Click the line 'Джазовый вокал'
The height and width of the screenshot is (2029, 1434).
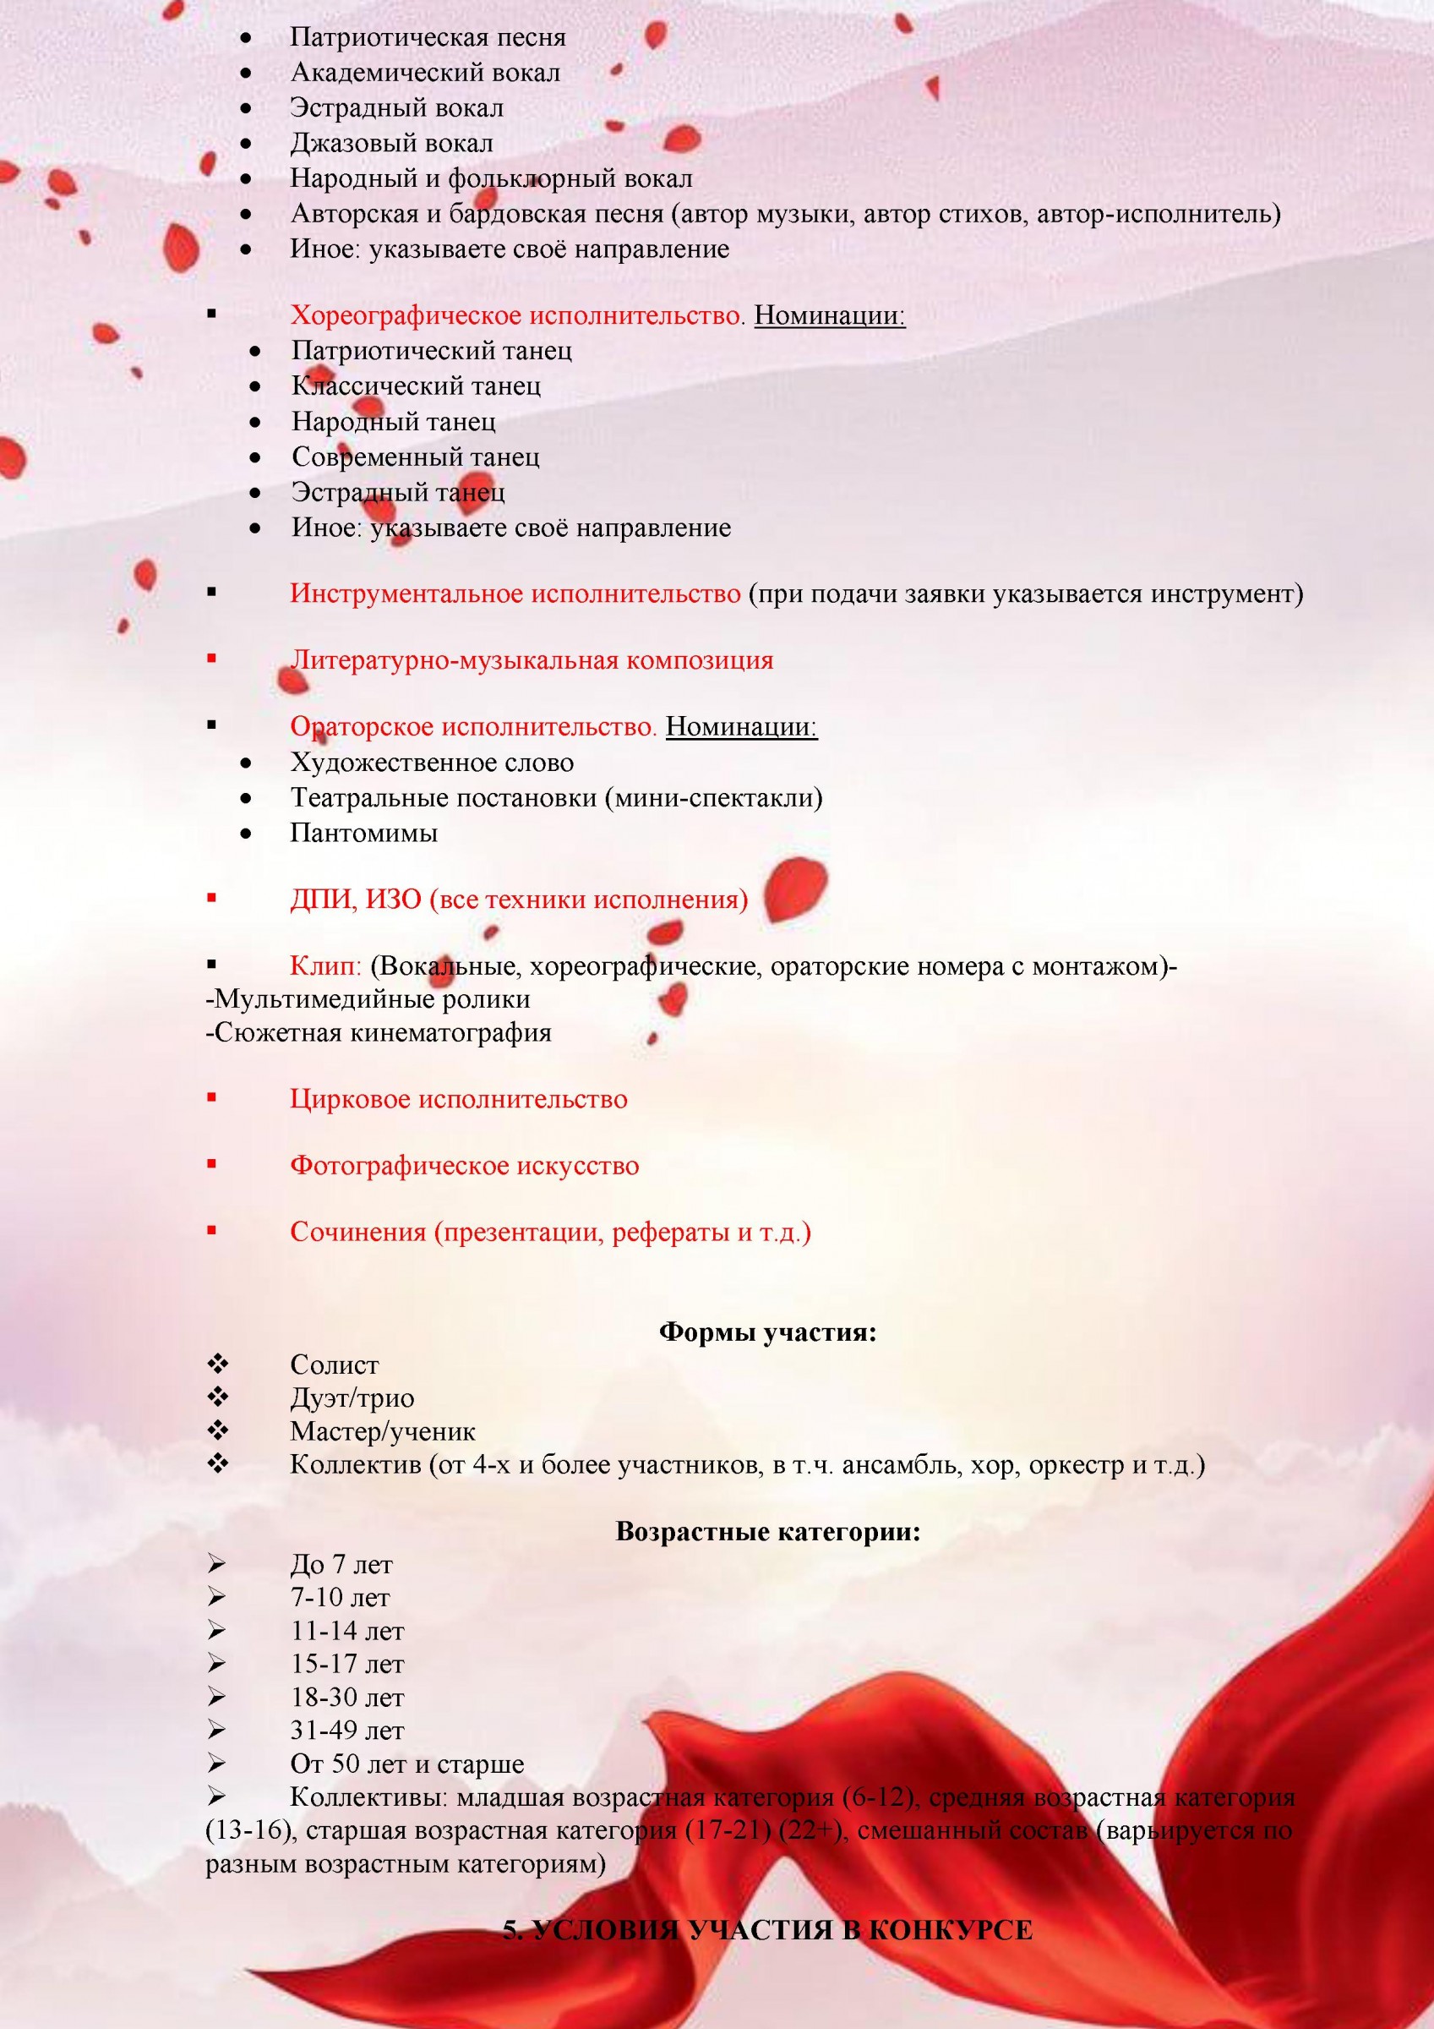pos(391,143)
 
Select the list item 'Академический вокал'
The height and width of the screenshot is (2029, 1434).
pos(425,73)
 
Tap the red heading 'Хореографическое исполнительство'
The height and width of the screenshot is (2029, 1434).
pos(516,315)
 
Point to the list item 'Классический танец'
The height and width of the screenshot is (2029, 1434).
pos(416,386)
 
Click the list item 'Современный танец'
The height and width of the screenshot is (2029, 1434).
pos(415,457)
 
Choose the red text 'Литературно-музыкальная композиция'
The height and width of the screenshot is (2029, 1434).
pos(531,660)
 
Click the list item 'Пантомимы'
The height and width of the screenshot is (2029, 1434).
pos(364,833)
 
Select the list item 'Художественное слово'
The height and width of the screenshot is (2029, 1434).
pos(432,762)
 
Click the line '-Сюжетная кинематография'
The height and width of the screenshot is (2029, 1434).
pos(379,1032)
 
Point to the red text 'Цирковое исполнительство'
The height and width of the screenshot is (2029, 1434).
pos(459,1098)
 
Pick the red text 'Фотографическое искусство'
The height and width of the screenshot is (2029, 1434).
pos(464,1165)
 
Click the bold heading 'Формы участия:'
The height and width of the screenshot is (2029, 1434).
pos(767,1332)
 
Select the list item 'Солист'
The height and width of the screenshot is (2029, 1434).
pos(334,1365)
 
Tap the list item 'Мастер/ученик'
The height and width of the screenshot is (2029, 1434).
pos(383,1431)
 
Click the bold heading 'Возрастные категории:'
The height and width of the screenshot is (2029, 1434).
pos(767,1531)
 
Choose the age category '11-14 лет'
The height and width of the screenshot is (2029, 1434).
pos(347,1632)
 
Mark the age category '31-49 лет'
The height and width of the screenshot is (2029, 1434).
pos(347,1731)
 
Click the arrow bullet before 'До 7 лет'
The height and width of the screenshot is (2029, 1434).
pos(215,1565)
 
